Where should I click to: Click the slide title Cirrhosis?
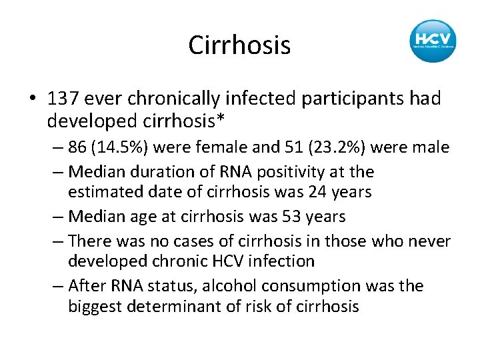[x=239, y=45]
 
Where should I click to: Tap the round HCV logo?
[x=433, y=41]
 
